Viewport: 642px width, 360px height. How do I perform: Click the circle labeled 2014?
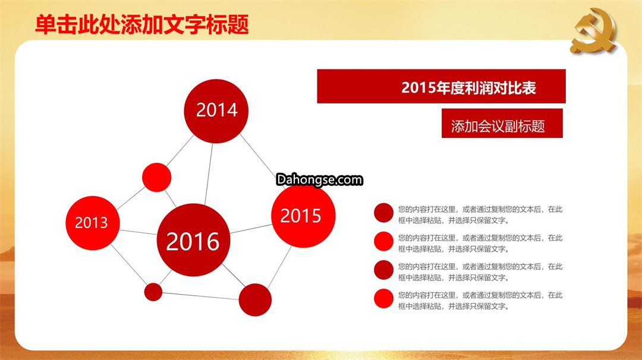coord(216,111)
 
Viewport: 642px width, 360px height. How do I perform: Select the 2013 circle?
coord(93,223)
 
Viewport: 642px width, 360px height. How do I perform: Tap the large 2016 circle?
coord(193,240)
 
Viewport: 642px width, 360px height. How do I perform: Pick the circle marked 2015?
coord(303,216)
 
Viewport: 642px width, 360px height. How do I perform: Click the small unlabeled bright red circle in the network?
coord(157,177)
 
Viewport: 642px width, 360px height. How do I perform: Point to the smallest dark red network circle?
coord(153,292)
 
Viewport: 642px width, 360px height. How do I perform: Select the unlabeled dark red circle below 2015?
coord(255,300)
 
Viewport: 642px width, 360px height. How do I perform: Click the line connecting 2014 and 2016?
coord(209,174)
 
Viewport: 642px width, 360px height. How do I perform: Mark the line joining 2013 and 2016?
coord(139,232)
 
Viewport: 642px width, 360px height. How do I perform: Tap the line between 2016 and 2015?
coord(251,229)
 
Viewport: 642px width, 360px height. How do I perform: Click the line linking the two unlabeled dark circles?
coord(201,296)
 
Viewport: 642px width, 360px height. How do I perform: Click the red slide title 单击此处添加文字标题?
coord(142,24)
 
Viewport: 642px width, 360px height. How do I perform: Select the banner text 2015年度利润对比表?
coord(469,87)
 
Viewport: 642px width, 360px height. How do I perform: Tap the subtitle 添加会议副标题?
coord(498,126)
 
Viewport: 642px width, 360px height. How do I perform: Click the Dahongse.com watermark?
coord(319,179)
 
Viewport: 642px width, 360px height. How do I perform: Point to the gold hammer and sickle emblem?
coord(593,31)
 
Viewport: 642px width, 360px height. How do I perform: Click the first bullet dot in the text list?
coord(383,213)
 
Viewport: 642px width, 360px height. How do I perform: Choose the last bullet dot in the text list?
coord(383,299)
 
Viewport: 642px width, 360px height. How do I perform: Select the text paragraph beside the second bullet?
coord(480,244)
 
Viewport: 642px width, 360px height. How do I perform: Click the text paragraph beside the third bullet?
coord(480,272)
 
